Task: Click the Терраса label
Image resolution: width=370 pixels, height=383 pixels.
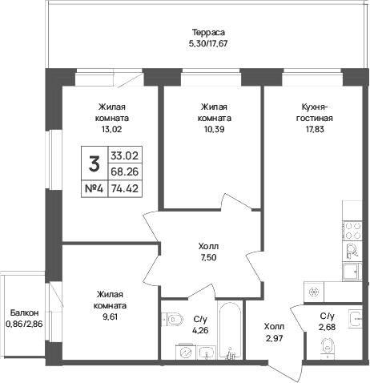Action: point(208,33)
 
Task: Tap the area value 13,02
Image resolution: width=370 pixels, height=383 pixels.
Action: point(111,130)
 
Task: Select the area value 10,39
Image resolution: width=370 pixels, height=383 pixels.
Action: point(214,130)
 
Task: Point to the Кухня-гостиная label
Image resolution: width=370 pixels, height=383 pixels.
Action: point(315,112)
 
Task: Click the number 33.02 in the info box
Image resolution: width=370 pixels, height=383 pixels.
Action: point(125,155)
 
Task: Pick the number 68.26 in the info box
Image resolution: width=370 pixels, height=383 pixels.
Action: point(125,171)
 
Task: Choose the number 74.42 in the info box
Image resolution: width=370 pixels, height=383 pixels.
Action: point(125,189)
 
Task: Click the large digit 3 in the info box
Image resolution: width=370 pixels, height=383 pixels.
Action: point(95,163)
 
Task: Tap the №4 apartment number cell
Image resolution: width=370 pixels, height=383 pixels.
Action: point(94,189)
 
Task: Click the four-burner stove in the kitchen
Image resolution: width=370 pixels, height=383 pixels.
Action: point(352,231)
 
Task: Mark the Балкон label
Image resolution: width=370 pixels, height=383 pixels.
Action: point(24,312)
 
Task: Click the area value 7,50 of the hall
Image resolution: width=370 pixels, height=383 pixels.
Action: point(209,258)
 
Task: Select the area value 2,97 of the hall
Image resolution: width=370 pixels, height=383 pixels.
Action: point(274,338)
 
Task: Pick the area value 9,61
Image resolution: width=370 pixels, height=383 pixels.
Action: point(110,317)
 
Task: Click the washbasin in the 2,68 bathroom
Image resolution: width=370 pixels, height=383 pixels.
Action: point(356,318)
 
